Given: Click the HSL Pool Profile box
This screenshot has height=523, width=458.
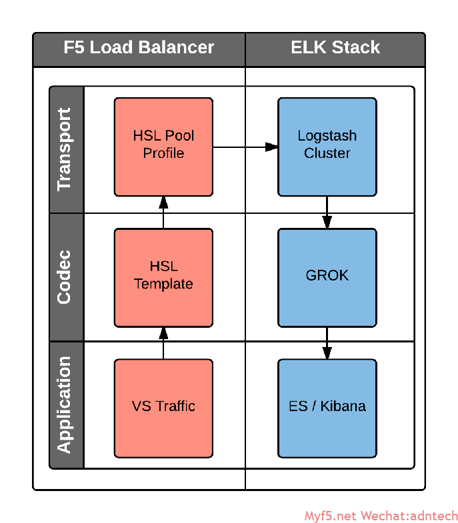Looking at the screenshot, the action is click(x=163, y=147).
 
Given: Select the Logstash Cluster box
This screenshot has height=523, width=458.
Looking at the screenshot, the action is click(x=327, y=147).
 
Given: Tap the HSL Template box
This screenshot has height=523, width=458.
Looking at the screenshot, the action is click(x=163, y=278).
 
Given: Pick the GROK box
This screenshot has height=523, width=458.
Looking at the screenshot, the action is click(x=327, y=278).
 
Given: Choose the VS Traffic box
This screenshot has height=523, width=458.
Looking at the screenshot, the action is click(x=163, y=408).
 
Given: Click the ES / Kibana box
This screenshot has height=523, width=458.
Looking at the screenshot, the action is click(x=327, y=408).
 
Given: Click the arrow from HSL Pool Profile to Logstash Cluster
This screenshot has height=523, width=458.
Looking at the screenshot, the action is click(x=245, y=147).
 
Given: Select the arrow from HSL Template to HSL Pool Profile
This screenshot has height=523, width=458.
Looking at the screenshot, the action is click(x=163, y=212).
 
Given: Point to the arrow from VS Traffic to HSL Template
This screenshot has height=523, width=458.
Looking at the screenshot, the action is click(x=163, y=343).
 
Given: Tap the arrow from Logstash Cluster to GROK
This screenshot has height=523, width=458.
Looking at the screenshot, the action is click(x=327, y=212).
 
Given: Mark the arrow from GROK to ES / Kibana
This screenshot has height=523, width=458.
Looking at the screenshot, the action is click(x=327, y=343).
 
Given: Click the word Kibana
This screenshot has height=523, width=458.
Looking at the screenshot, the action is click(x=343, y=406).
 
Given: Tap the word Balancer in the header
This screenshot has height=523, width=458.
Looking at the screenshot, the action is click(x=176, y=47).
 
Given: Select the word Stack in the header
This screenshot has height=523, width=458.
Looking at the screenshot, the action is click(x=356, y=47).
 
